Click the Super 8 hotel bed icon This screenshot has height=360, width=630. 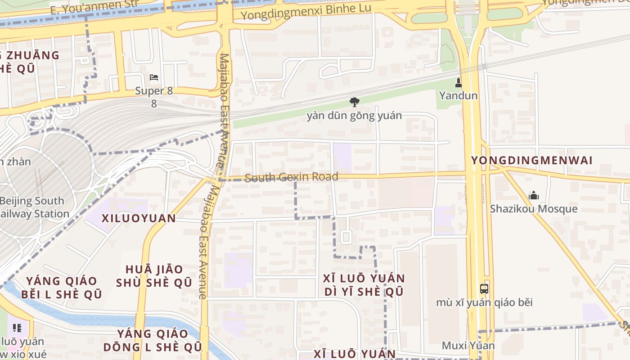click(154, 77)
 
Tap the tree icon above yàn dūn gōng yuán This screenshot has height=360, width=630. click(355, 102)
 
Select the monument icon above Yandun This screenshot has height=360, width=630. click(458, 83)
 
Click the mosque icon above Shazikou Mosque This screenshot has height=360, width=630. click(534, 195)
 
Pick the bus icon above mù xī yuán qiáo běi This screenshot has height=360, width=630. click(484, 289)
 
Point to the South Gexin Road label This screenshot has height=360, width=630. click(292, 177)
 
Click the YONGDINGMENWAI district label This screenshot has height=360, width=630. click(531, 161)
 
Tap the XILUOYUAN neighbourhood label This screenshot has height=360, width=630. click(139, 219)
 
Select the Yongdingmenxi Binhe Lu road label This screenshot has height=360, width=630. click(306, 12)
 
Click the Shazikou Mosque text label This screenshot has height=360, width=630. click(534, 209)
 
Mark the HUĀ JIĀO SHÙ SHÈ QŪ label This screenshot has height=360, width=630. click(154, 276)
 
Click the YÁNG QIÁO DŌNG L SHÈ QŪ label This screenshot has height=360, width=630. click(153, 340)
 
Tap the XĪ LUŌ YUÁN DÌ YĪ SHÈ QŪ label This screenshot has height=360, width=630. click(364, 285)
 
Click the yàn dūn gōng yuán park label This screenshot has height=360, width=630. click(354, 116)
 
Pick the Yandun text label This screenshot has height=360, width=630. click(458, 95)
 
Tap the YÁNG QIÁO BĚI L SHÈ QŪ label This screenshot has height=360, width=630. click(63, 288)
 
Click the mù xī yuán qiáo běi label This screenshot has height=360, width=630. click(484, 302)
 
